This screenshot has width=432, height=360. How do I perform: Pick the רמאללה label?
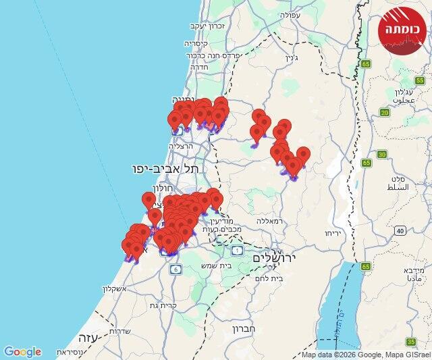pos(274,220)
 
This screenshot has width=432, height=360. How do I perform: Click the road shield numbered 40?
pos(401,231)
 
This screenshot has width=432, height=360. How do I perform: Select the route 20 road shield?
pos(385,112)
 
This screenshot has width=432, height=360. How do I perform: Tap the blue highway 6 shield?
pos(176,269)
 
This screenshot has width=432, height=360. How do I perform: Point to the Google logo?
pos(22,352)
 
